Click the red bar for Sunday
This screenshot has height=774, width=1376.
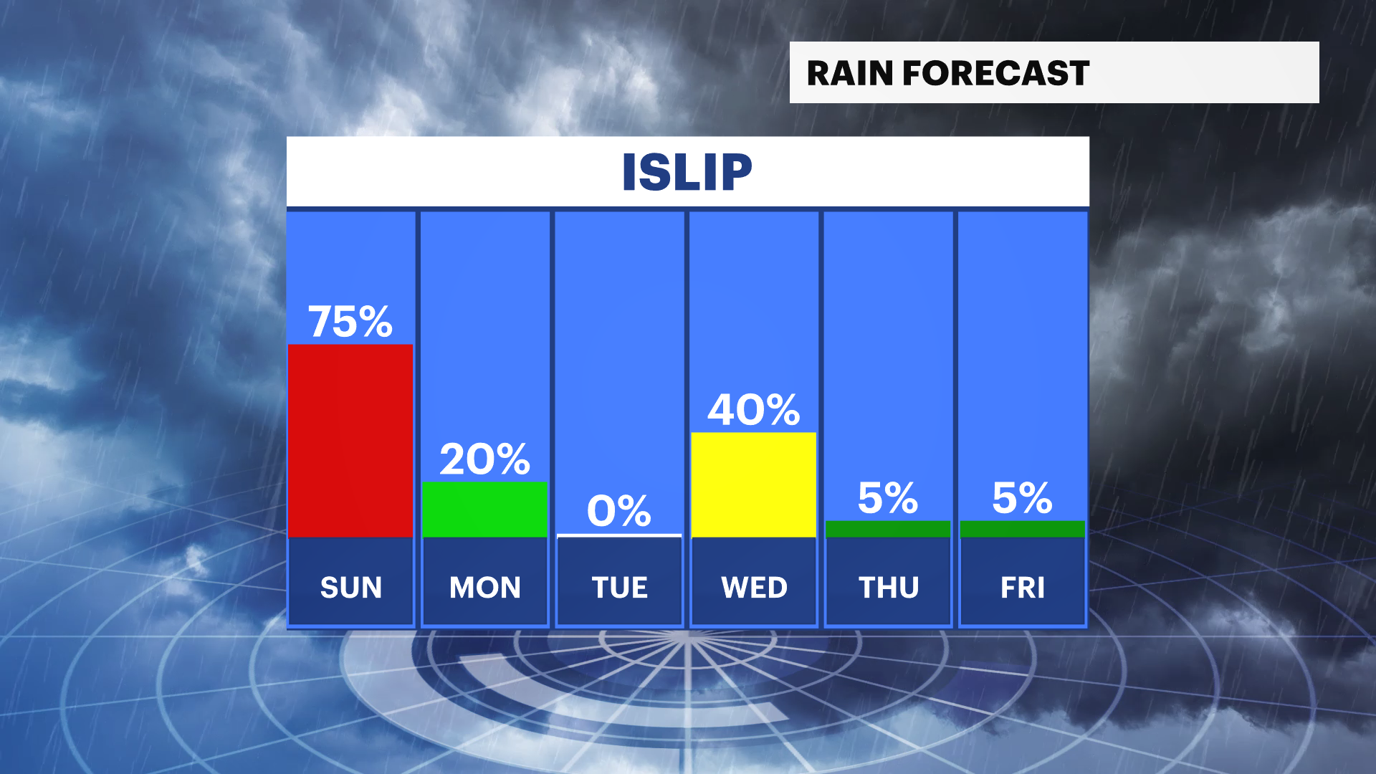coord(350,441)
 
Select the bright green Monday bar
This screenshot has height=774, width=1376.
coord(484,509)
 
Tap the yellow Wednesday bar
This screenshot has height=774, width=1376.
coord(754,484)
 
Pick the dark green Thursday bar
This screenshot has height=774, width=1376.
coord(888,529)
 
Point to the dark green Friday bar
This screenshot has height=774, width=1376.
coord(1022,529)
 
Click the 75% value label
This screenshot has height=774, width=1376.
coord(350,321)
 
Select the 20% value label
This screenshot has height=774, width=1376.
coord(484,459)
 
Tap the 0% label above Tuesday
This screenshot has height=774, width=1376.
coord(619,511)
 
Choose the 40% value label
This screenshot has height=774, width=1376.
coord(754,410)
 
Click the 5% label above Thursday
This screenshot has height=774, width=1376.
coord(888,498)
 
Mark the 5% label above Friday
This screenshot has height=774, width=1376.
coord(1022,498)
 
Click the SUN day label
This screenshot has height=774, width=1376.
coord(351,588)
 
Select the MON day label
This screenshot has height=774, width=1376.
coord(485,588)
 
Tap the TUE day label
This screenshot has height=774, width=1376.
coord(620,588)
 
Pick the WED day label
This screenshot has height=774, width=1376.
coord(755,588)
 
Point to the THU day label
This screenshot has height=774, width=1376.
coord(889,588)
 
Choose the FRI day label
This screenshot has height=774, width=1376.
coord(1023,588)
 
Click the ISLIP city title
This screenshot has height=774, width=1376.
coord(687,172)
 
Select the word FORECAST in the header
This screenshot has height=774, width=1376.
coord(996,73)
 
